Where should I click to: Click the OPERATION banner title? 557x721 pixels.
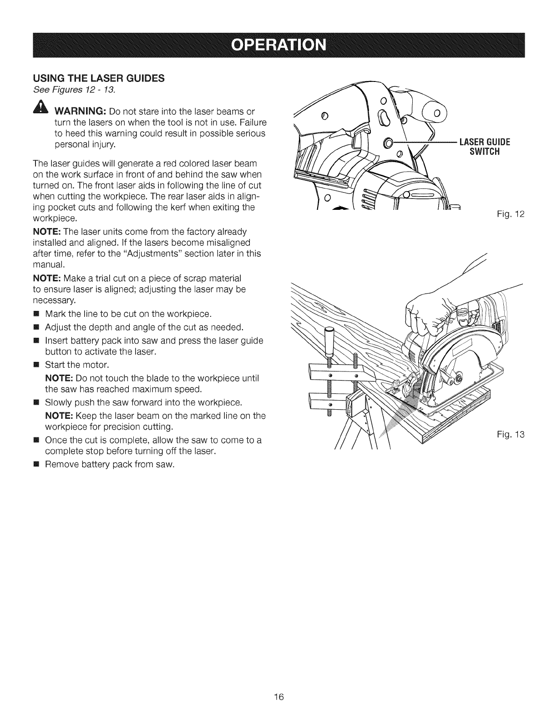click(x=278, y=46)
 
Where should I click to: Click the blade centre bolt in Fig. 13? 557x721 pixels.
click(x=457, y=377)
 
